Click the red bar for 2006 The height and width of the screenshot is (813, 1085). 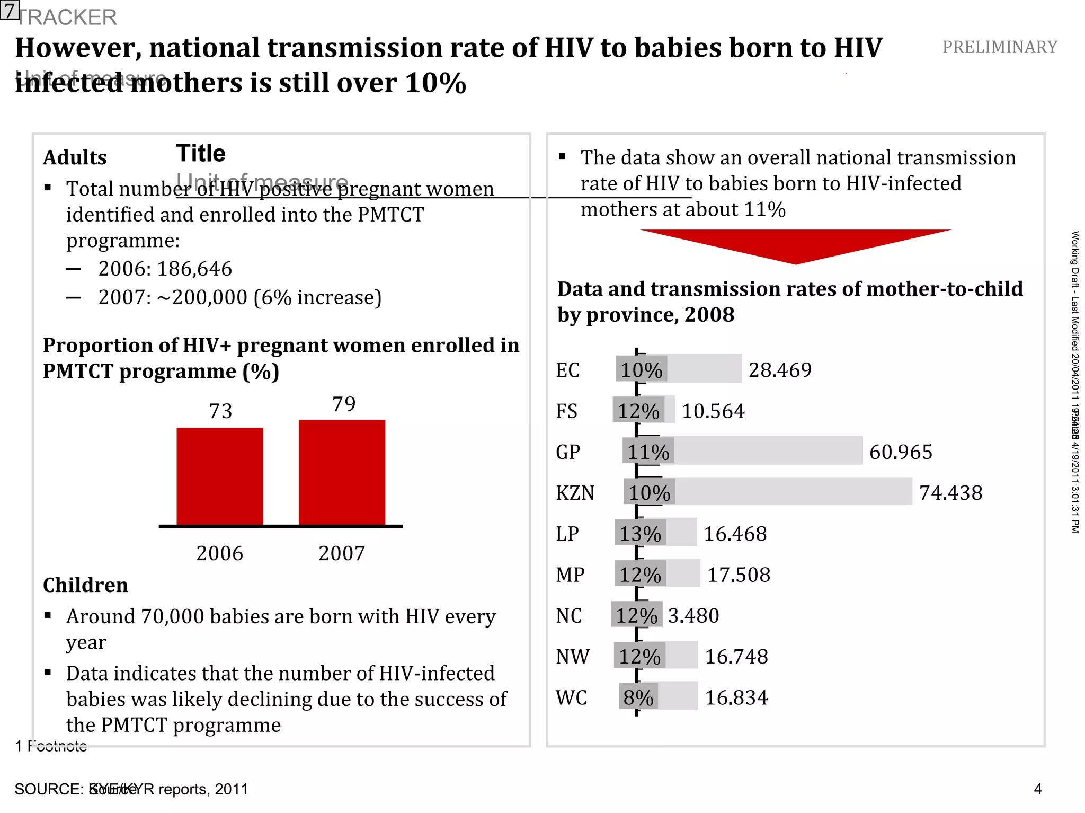click(x=219, y=476)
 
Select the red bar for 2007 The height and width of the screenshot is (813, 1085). click(x=342, y=472)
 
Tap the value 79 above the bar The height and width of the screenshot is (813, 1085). click(x=344, y=404)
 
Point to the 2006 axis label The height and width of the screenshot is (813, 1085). click(x=219, y=553)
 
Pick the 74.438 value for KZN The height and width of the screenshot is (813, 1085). click(x=950, y=493)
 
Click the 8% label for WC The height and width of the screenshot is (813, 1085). click(x=638, y=697)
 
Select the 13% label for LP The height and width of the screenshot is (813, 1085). click(x=640, y=534)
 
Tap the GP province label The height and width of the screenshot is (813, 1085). click(x=568, y=452)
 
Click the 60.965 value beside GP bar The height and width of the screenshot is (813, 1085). click(x=901, y=452)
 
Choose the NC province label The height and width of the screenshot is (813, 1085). click(x=569, y=616)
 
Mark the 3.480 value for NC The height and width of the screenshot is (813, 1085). click(x=693, y=616)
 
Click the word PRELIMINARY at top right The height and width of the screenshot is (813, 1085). click(x=999, y=47)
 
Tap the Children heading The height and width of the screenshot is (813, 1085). click(x=85, y=585)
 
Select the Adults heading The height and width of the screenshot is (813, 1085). click(x=75, y=158)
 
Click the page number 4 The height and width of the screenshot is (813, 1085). click(x=1037, y=789)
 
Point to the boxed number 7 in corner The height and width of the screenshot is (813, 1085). click(x=10, y=10)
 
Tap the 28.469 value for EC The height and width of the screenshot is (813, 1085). click(x=780, y=370)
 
